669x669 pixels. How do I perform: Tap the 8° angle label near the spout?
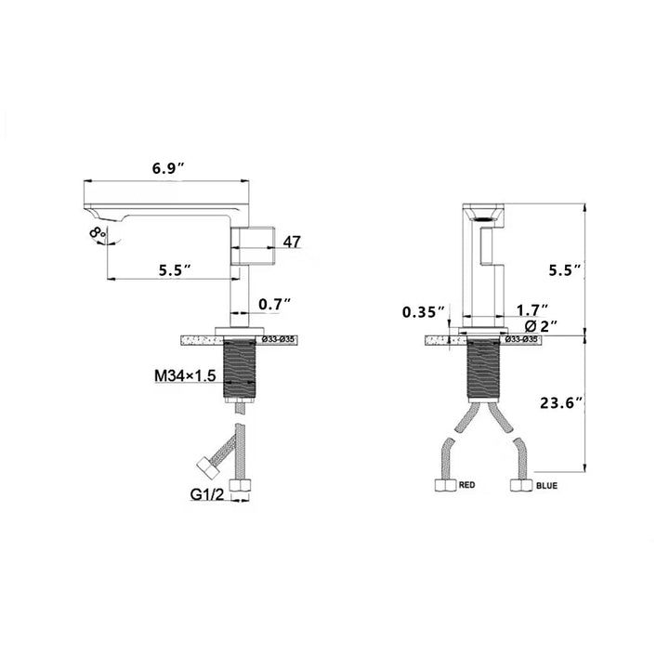click(98, 233)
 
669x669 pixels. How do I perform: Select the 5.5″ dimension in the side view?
click(174, 269)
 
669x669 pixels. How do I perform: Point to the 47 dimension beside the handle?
click(292, 243)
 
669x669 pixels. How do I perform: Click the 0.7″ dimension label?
click(275, 304)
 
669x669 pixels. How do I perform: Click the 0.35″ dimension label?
click(424, 311)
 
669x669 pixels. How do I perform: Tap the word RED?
click(466, 485)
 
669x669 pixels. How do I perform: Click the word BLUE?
click(548, 485)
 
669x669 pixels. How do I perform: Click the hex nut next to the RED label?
click(444, 485)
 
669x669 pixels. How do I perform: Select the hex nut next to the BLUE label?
click(520, 485)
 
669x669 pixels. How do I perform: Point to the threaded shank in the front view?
click(482, 369)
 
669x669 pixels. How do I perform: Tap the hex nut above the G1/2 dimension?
click(242, 486)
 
